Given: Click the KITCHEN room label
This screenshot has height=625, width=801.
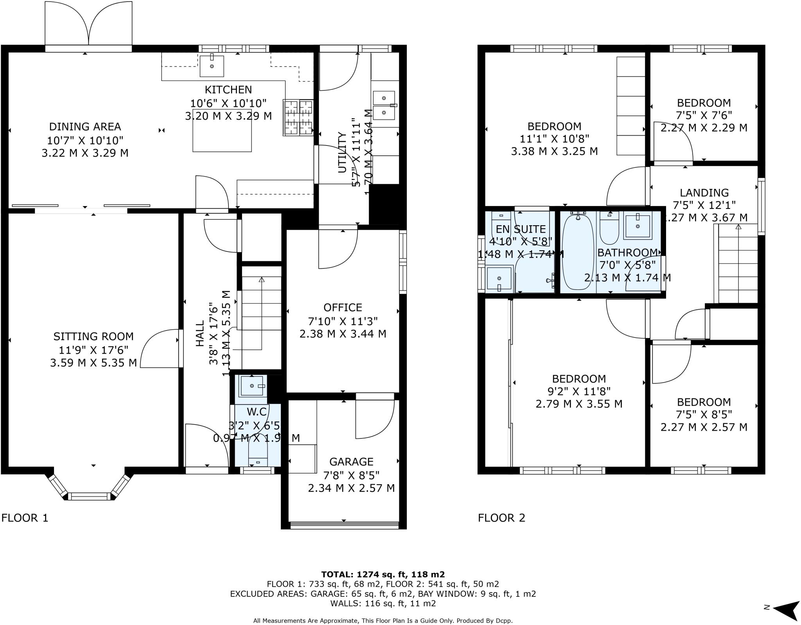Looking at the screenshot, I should pyautogui.click(x=228, y=90).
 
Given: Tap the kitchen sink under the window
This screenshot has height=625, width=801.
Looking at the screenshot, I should pyautogui.click(x=212, y=66).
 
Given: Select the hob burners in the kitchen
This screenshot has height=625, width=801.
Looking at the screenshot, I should pyautogui.click(x=298, y=117).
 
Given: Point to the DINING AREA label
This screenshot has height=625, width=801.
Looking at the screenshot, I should pyautogui.click(x=85, y=127).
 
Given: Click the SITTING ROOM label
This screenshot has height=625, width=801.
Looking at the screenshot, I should pyautogui.click(x=93, y=336).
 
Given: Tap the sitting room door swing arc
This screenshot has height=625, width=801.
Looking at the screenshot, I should pyautogui.click(x=158, y=348).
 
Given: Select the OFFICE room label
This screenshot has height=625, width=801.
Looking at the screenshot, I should pyautogui.click(x=343, y=307).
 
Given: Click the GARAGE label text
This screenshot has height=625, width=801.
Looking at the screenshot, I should pyautogui.click(x=351, y=462).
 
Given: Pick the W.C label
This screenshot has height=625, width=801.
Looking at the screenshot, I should pyautogui.click(x=257, y=411).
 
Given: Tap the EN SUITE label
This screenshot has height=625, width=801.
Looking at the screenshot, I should pyautogui.click(x=521, y=229).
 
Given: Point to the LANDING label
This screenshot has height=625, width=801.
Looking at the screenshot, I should pyautogui.click(x=704, y=193).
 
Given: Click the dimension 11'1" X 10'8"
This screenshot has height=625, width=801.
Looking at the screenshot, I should pyautogui.click(x=554, y=139).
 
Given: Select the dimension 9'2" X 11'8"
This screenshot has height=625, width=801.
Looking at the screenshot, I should pyautogui.click(x=578, y=391).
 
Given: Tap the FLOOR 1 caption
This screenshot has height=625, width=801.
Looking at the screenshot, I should pyautogui.click(x=25, y=518).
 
